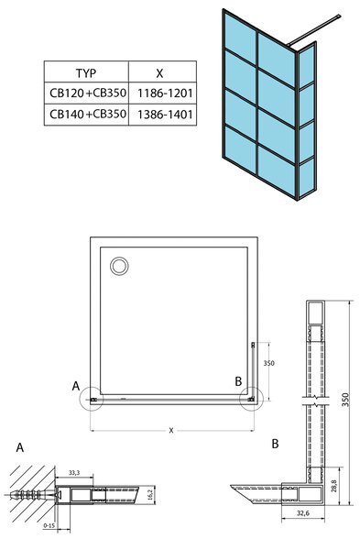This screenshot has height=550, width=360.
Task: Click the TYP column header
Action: (86, 73)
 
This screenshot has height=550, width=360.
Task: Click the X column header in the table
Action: (159, 73)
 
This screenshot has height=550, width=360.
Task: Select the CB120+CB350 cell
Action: (88, 93)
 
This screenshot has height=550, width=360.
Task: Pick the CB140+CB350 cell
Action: (88, 114)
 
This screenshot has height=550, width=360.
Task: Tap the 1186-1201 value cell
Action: (165, 93)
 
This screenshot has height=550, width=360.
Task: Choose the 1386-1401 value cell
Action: (165, 115)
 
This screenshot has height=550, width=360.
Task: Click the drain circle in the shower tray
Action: (119, 266)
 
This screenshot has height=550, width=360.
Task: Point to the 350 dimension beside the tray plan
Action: (269, 363)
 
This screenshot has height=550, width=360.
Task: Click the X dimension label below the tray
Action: (171, 431)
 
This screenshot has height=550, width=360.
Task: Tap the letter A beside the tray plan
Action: (76, 386)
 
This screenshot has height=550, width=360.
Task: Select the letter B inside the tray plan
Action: (238, 381)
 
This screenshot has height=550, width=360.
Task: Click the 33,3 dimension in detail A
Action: (74, 472)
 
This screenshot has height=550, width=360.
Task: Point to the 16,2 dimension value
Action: (149, 495)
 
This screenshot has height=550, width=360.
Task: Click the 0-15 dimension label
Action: (49, 526)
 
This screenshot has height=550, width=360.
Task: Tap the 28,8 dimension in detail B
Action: (333, 486)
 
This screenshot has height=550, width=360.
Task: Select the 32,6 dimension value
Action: (303, 513)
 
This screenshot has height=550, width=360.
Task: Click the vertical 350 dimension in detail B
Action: (345, 400)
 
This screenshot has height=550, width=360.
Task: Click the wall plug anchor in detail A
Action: (32, 495)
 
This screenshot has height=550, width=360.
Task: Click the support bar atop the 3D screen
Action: (313, 30)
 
